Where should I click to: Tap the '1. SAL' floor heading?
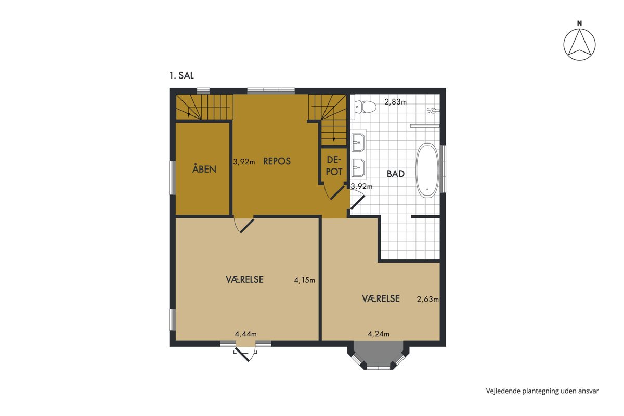tap(181, 75)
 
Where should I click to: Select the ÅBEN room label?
tap(204, 168)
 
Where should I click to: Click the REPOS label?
tap(277, 161)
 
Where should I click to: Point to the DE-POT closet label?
tap(334, 166)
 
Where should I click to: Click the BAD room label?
tap(396, 174)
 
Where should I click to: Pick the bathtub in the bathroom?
tap(427, 171)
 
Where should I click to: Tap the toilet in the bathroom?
tap(365, 107)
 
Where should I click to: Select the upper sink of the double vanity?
tap(358, 142)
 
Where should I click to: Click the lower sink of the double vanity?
tap(358, 168)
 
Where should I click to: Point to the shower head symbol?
tap(433, 111)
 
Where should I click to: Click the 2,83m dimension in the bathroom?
tap(396, 102)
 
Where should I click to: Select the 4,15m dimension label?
tap(305, 280)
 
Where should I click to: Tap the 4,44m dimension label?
tap(245, 334)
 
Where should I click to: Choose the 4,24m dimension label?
tap(379, 334)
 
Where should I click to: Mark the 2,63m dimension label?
tap(427, 299)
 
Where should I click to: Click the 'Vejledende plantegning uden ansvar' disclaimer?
tap(542, 391)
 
